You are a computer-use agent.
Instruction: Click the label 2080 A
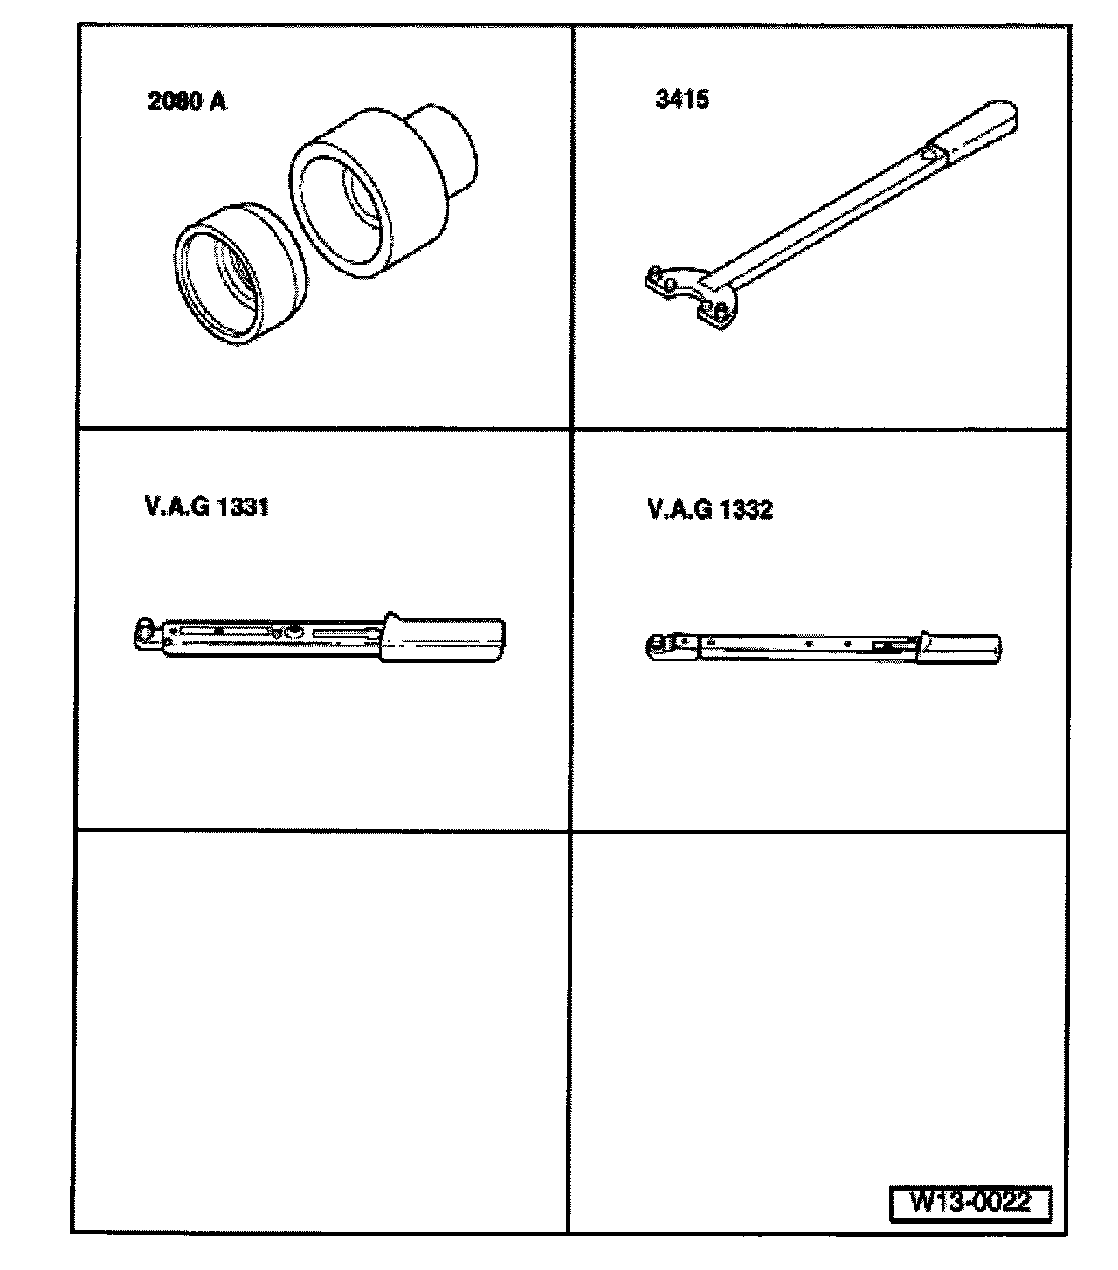point(187,101)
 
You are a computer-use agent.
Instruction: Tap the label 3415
point(682,100)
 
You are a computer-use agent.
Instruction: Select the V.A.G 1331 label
point(207,507)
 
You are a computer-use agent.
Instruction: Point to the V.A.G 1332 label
point(710,509)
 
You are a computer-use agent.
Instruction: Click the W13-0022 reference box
point(970,1201)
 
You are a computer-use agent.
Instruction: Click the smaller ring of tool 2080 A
point(239,274)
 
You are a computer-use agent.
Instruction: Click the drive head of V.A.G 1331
point(146,632)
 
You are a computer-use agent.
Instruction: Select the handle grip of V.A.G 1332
point(958,647)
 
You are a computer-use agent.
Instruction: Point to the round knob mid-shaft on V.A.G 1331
point(293,632)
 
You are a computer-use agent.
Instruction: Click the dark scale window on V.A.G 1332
point(885,646)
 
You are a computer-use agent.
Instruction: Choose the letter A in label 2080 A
point(217,101)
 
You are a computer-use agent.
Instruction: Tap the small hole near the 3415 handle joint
point(927,155)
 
